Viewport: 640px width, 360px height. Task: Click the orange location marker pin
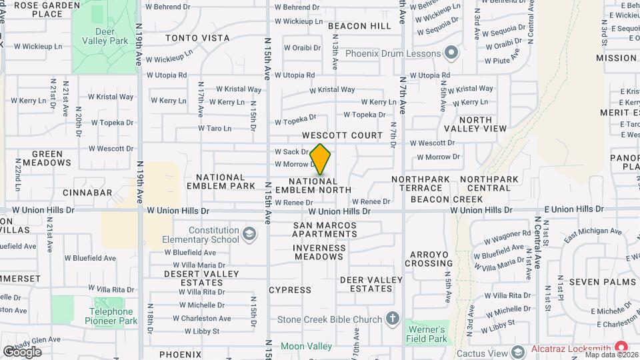[321, 159]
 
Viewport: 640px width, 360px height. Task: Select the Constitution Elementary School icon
[249, 233]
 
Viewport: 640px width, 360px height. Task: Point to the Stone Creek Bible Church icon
[393, 319]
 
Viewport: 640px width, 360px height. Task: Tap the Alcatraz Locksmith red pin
[622, 347]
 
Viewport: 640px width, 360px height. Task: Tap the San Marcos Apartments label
[325, 229]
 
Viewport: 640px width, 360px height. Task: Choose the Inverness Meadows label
[320, 252]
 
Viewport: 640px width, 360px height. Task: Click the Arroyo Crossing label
[431, 259]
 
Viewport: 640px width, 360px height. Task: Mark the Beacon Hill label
[359, 26]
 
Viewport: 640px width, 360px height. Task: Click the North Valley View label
[476, 124]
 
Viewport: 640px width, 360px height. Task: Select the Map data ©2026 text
[610, 355]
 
